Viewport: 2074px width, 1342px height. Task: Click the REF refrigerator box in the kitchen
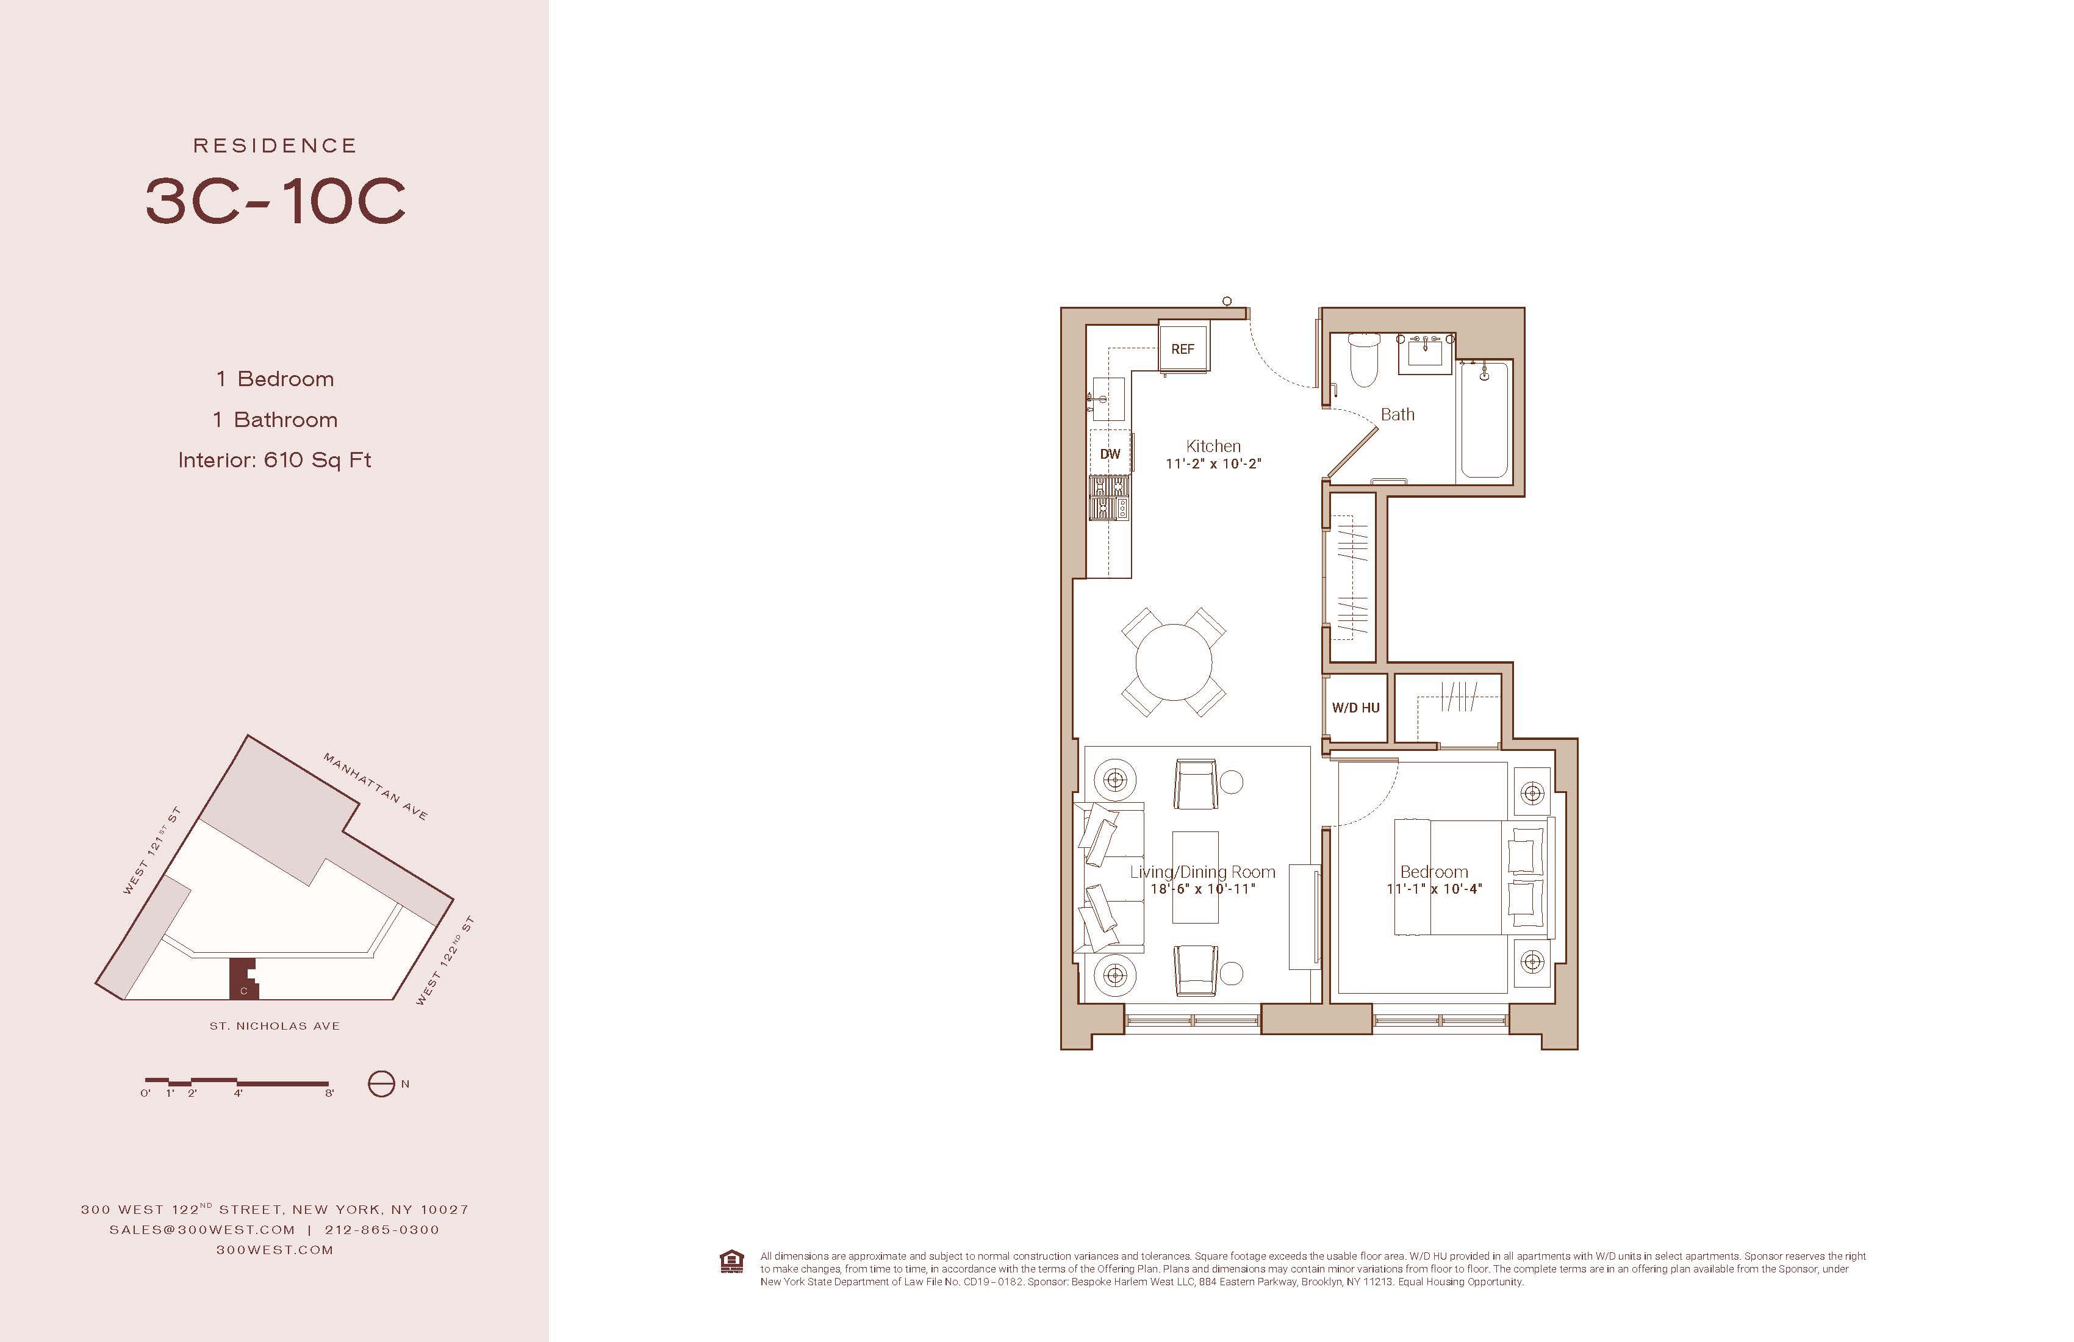point(1183,347)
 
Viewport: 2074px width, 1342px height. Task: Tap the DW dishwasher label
point(1110,454)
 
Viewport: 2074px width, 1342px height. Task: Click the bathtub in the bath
point(1485,420)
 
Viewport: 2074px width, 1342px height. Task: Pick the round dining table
point(1174,661)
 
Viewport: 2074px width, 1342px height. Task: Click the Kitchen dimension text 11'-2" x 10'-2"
point(1213,464)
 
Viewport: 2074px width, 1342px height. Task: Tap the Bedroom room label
point(1433,872)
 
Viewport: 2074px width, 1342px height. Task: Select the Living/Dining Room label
point(1202,872)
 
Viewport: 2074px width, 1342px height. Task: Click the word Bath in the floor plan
point(1397,415)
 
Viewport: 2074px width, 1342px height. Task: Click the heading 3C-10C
point(275,201)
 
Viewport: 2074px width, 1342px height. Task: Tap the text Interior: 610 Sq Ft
point(274,459)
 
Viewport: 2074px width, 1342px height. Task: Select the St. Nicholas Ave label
point(274,1025)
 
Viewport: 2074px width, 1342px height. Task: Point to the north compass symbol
point(381,1084)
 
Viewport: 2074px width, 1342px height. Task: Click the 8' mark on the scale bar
point(329,1093)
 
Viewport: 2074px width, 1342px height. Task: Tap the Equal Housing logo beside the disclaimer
point(732,1262)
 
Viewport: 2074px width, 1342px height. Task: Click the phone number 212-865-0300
point(382,1230)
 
